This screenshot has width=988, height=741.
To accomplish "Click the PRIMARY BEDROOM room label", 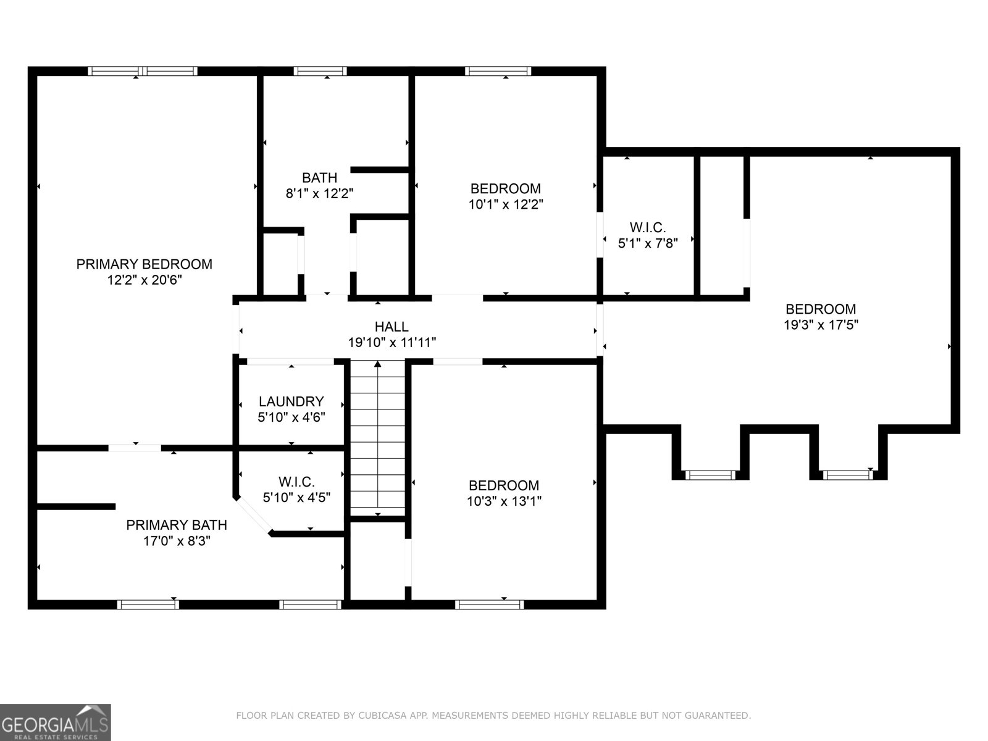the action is pos(144,264).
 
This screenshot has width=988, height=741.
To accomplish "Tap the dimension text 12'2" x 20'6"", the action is pos(144,280).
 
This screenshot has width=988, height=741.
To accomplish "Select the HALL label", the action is pos(391,327).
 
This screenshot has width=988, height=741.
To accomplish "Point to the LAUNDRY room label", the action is pos(291,401).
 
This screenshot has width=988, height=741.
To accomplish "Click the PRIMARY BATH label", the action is pos(177,525).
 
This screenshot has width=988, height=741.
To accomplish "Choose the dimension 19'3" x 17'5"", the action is pos(821,325).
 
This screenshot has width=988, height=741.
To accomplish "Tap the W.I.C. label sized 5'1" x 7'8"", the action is pos(648,227).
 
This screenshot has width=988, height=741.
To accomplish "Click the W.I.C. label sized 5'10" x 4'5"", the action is pos(296,482).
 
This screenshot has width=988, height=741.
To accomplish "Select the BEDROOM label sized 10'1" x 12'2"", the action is pos(506,188).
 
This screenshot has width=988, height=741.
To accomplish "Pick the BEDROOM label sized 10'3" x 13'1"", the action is pos(504,485).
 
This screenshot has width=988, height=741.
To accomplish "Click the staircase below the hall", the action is pos(378,438).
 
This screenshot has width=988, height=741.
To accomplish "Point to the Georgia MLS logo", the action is pos(56,722).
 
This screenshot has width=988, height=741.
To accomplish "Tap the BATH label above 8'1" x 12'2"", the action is pos(320,178).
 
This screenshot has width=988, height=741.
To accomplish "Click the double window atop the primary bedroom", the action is pos(143,71).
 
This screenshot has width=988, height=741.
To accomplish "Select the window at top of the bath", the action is pos(320,71).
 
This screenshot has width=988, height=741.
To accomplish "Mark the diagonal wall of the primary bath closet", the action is pos(253,516).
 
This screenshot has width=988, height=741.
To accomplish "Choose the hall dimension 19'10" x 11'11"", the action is pos(392,343).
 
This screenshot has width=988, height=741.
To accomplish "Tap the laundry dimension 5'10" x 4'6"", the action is pos(291,417).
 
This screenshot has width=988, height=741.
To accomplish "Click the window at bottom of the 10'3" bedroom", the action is pos(489,605).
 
